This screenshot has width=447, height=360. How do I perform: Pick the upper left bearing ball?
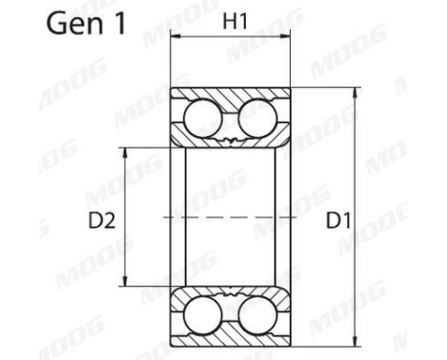point(202,123)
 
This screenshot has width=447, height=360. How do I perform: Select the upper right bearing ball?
point(256,123)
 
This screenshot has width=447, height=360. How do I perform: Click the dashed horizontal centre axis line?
point(230,218)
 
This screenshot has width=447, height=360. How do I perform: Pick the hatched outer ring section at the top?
point(230,99)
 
